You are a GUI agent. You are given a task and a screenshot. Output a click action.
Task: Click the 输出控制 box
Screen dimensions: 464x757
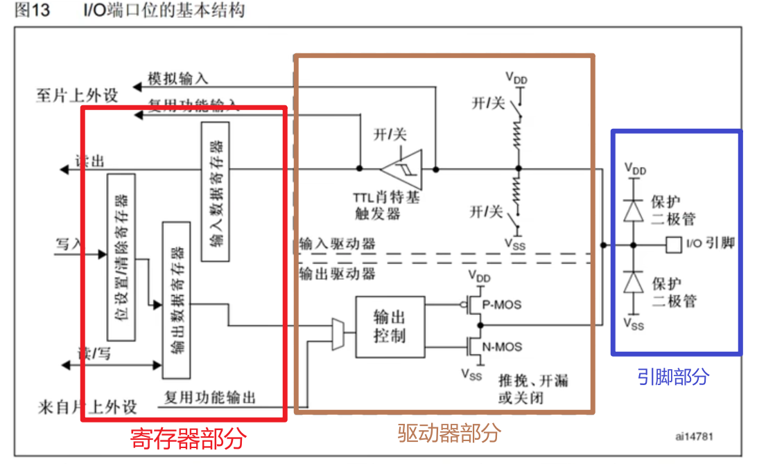pos(389,327)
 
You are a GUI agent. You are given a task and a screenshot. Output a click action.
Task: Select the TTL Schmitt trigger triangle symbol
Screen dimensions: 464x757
pos(400,168)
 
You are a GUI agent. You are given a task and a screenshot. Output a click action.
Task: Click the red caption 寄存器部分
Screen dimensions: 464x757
pos(188,438)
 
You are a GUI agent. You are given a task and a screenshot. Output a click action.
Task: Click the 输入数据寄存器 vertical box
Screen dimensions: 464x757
pos(215,192)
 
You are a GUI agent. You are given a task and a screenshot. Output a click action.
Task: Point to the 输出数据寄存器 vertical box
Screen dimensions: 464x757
pos(176,300)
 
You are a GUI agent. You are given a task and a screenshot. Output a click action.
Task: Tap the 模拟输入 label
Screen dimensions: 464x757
pos(177,78)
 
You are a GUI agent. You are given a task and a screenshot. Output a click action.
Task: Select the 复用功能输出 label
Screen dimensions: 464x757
pos(209,398)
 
